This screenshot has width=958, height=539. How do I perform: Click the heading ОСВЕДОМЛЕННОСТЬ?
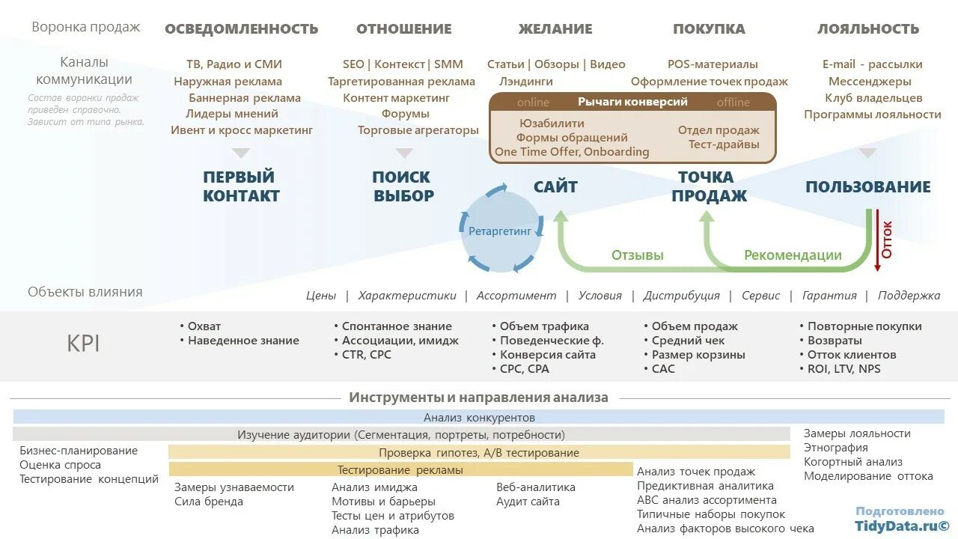241,29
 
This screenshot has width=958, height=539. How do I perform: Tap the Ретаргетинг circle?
500,231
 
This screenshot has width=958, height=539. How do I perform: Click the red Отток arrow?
878,240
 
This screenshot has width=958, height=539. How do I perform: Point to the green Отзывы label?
638,255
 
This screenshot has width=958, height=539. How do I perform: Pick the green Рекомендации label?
793,255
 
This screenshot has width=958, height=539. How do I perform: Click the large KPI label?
83,344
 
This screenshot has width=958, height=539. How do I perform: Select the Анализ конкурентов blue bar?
479,417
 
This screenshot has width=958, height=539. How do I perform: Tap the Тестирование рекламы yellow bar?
400,470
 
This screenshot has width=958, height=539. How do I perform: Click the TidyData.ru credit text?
902,526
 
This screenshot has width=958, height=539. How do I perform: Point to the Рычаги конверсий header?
632,102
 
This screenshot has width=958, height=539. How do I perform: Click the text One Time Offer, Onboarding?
572,152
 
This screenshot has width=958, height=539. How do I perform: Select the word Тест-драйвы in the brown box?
724,144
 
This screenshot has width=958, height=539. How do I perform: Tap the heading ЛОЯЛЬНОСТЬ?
867,29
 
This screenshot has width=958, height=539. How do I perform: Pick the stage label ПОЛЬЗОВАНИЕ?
867,187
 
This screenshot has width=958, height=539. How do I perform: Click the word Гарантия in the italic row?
829,296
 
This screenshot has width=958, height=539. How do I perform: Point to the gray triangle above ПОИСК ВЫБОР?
404,153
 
